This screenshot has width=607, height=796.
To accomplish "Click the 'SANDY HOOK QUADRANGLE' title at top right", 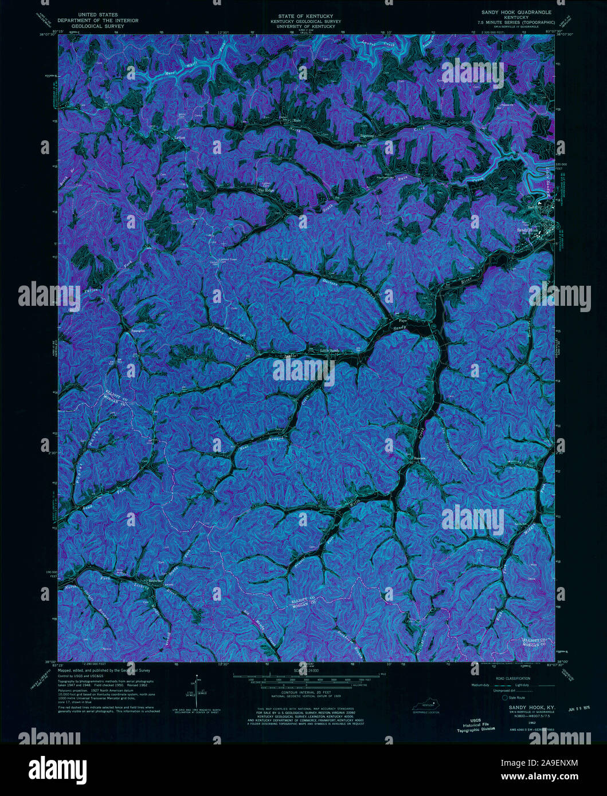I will coord(516,11).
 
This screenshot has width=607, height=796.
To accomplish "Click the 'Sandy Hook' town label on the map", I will coord(527,230).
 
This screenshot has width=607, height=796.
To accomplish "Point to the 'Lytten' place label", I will coord(180,137).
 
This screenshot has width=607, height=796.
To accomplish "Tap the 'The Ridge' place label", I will coord(266,190).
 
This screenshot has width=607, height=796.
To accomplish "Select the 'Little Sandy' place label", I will coord(330,350).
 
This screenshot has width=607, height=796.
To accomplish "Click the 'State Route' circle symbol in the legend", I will coord(504,698).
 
